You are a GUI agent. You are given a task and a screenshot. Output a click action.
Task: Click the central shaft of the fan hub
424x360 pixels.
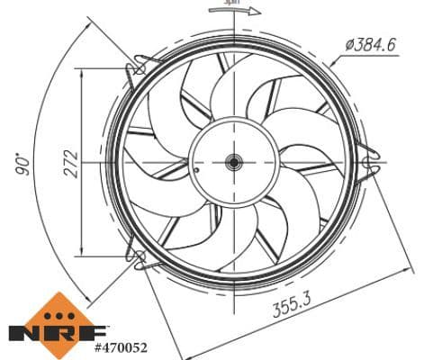point(233,163)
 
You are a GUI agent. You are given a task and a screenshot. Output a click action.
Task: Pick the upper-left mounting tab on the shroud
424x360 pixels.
point(141,65)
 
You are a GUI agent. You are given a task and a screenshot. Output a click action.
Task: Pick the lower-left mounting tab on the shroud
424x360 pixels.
point(140,260)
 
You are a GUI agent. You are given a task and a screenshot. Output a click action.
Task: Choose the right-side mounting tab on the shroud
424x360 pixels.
point(368,162)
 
